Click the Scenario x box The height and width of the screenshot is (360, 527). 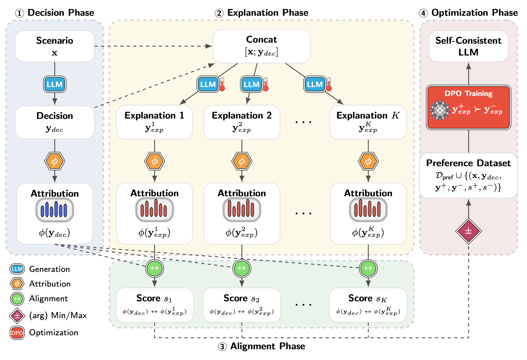[x=54, y=46]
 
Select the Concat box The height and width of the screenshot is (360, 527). [x=262, y=46]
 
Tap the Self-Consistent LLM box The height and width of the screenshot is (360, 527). [x=468, y=46]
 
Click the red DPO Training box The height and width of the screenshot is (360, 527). [x=468, y=107]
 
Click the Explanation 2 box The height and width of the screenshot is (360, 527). [x=242, y=122]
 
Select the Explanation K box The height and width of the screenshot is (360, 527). [x=368, y=122]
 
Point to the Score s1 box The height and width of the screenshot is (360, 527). [x=154, y=305]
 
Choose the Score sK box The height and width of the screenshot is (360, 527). [x=368, y=305]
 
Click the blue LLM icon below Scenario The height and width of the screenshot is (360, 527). [x=54, y=85]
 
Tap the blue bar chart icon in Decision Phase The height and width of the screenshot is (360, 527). [x=54, y=210]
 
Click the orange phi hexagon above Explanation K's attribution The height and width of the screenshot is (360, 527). [x=368, y=162]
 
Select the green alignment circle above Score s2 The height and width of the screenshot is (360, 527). [x=242, y=268]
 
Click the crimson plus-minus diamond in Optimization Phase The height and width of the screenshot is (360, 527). [x=468, y=231]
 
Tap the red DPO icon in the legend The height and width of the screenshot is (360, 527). [x=17, y=333]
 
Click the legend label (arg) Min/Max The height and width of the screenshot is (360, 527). [x=58, y=316]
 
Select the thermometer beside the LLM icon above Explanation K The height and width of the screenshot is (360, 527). [x=329, y=84]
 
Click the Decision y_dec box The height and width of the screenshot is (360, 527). [x=54, y=122]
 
